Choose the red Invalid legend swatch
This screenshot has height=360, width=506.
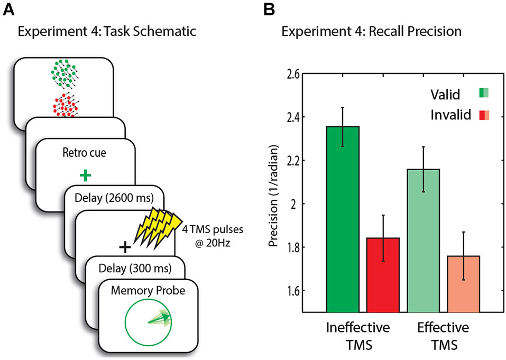[484, 114]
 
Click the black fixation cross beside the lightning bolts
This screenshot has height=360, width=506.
[124, 246]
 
